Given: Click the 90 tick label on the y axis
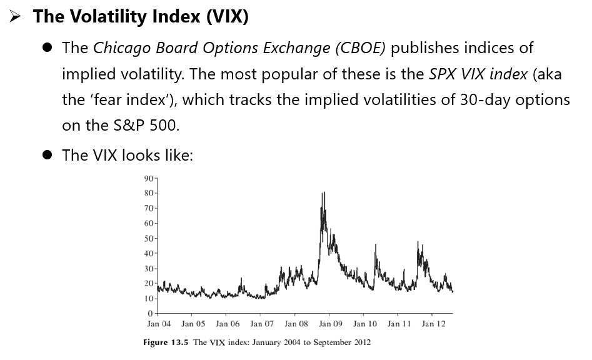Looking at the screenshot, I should [x=149, y=179].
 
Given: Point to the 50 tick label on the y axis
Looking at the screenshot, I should [x=149, y=238].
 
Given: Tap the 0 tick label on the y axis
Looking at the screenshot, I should [x=151, y=313].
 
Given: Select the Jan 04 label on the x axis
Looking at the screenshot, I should [x=159, y=324].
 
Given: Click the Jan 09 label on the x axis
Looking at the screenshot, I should [x=330, y=324].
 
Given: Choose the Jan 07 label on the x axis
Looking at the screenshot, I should [x=261, y=324].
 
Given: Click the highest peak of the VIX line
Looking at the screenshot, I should [x=324, y=193].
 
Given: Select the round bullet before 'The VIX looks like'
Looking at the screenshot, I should [x=48, y=155].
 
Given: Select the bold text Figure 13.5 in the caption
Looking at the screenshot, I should [x=166, y=342].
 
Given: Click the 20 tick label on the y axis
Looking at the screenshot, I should [x=149, y=283].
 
